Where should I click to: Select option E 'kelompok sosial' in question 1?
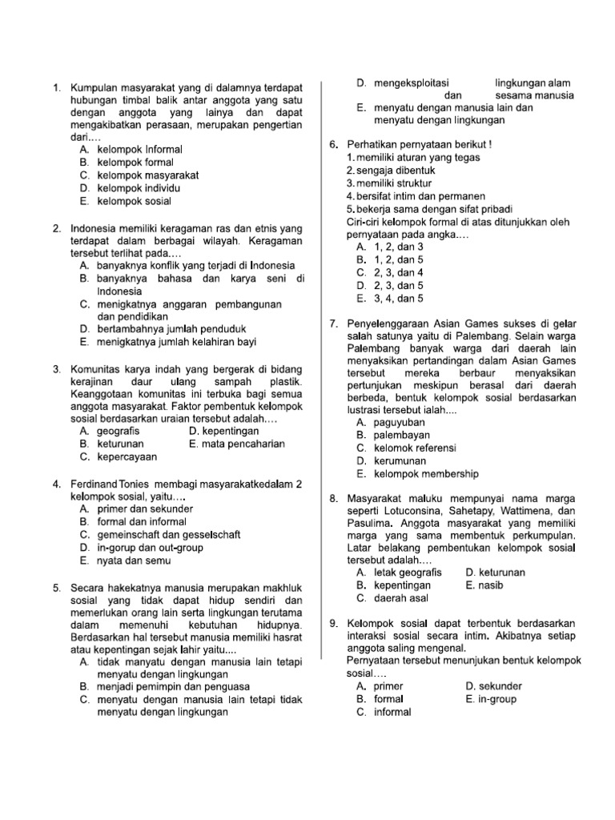point(134,201)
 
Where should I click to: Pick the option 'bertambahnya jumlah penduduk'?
point(171,329)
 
